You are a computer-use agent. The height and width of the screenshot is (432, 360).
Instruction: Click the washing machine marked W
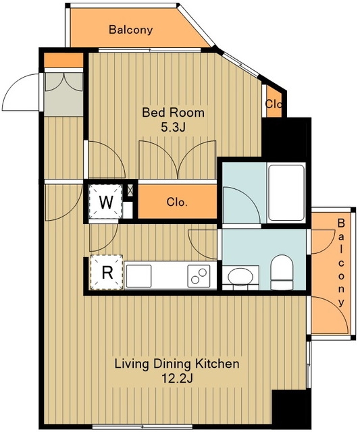[105, 202]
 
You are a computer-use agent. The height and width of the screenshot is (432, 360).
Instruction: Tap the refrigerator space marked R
[107, 272]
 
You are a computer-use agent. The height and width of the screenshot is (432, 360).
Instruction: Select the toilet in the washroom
[282, 272]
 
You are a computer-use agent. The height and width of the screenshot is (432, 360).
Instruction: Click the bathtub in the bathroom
[286, 192]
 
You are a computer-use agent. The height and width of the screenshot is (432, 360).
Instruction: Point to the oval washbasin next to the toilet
[240, 276]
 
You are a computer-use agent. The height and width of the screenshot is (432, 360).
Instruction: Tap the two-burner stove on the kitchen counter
[199, 276]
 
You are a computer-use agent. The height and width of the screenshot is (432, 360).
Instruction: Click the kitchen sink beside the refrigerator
[139, 276]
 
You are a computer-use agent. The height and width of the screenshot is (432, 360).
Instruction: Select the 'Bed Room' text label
[173, 113]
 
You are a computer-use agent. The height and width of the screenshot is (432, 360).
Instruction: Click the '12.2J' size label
[177, 379]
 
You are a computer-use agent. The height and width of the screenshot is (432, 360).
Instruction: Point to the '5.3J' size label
[173, 128]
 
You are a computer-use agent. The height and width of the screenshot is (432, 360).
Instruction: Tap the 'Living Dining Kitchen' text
[177, 364]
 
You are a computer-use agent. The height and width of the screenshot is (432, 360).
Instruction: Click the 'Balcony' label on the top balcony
[130, 30]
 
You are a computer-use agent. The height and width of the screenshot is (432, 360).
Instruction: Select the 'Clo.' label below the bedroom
[177, 202]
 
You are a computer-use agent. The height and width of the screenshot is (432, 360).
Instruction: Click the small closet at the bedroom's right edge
[274, 103]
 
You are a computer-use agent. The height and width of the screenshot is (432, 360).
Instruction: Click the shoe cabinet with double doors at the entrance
[63, 94]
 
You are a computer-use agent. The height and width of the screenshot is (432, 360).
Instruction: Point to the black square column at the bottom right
[291, 409]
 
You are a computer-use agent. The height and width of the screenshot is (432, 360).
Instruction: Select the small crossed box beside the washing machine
[130, 190]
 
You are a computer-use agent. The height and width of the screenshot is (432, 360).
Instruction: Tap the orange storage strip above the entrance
[63, 60]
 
